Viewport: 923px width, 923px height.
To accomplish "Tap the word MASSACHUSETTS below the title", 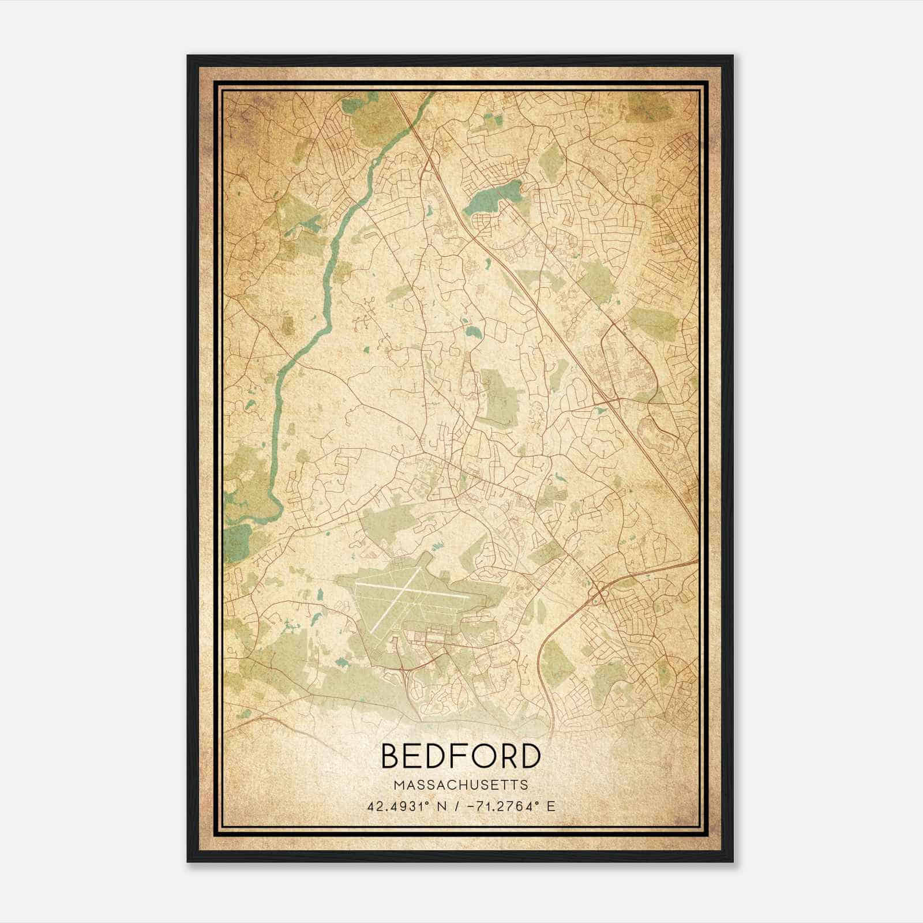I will (460, 785).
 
